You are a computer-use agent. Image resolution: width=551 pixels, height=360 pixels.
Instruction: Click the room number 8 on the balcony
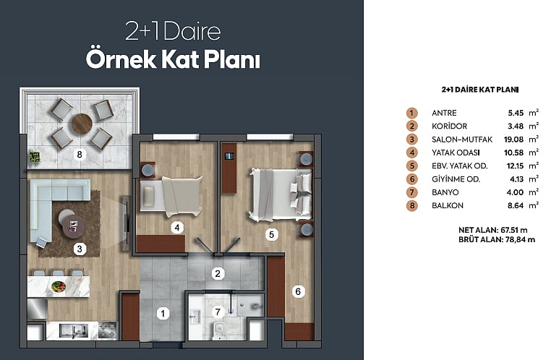(80, 154)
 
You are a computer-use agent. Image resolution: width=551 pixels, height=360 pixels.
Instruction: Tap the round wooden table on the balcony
(82, 124)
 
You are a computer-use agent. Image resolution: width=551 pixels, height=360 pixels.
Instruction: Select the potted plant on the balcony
(34, 157)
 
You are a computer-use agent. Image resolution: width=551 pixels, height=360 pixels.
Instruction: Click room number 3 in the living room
(80, 249)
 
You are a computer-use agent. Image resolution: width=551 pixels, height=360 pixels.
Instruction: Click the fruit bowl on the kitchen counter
(58, 286)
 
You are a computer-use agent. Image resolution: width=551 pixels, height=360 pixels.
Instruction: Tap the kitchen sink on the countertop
(73, 330)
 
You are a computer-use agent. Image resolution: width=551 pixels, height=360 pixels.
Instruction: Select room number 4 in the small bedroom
(177, 228)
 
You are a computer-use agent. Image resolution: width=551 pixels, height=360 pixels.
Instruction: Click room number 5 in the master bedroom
(272, 234)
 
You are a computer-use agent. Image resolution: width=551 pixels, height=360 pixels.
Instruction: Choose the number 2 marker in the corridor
(218, 273)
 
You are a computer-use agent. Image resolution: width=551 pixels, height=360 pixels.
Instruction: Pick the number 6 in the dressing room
(298, 291)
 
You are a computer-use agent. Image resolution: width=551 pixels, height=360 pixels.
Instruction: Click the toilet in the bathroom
(219, 330)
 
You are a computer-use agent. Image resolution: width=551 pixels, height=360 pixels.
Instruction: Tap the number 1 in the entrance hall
(163, 313)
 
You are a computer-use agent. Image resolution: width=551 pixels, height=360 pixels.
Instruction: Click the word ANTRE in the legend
(444, 113)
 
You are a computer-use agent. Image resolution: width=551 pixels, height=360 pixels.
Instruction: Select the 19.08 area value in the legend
(513, 140)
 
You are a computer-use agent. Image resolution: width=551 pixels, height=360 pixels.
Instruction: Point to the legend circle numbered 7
(412, 192)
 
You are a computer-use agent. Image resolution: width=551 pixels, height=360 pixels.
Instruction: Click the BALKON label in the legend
(448, 205)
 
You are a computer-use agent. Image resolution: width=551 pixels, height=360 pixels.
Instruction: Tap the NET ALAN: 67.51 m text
(493, 230)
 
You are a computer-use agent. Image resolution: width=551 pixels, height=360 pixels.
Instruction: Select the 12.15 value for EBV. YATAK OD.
(515, 166)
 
